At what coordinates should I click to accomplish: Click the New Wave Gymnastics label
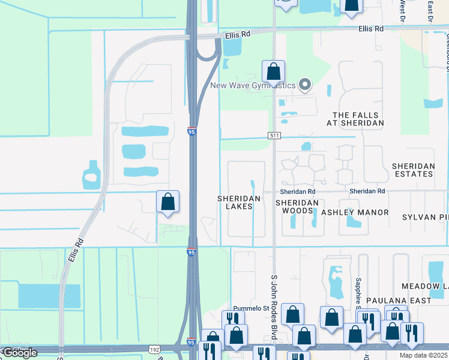coord(252,85)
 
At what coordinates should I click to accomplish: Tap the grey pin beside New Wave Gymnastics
coord(305,85)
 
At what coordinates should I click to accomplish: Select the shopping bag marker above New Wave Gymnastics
coord(273,72)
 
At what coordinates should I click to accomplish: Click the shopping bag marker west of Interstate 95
coord(168,203)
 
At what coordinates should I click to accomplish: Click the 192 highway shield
coord(155,348)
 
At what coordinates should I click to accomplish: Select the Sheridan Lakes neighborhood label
coord(239,202)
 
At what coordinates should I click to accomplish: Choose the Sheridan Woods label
coord(297,207)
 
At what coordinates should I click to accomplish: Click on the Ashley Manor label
coord(355,212)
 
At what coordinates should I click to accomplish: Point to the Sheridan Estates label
coord(412,170)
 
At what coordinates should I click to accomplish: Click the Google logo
coord(20,353)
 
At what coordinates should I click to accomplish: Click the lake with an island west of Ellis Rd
coord(91,175)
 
